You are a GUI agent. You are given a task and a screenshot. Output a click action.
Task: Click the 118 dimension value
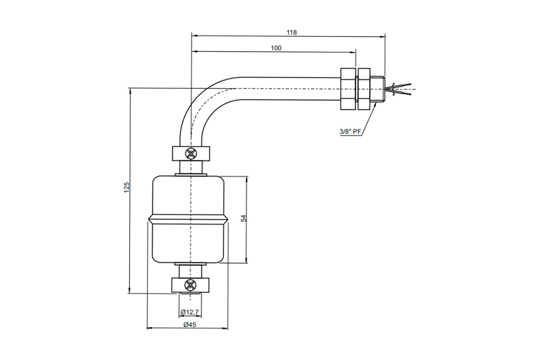click(x=292, y=32)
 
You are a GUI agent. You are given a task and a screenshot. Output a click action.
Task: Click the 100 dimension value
click(x=276, y=48)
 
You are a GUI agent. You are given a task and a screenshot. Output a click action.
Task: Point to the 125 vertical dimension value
click(x=127, y=187)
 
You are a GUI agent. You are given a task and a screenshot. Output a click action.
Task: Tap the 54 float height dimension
click(x=244, y=218)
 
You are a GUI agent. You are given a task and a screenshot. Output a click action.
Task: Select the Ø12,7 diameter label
click(x=190, y=312)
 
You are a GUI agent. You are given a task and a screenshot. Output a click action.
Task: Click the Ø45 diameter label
click(x=190, y=325)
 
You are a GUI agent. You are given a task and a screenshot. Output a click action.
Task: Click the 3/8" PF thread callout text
click(x=350, y=132)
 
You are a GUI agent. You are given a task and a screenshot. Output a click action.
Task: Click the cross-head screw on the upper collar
click(x=191, y=153)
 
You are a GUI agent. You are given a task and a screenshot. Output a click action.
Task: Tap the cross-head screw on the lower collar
click(x=190, y=285)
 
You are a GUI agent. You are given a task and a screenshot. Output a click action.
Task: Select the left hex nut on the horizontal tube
click(x=348, y=89)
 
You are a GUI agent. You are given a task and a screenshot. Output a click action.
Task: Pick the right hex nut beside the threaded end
click(x=364, y=89)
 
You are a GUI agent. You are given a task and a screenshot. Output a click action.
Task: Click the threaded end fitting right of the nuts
click(x=378, y=89)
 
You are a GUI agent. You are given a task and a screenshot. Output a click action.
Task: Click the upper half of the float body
click(x=189, y=195)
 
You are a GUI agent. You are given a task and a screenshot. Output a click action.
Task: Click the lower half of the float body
click(x=189, y=243)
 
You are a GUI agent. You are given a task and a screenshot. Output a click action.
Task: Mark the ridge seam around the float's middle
click(x=188, y=220)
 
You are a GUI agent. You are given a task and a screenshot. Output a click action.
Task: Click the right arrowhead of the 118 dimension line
click(x=382, y=36)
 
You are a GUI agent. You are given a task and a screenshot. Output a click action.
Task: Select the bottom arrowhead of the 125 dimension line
click(x=130, y=290)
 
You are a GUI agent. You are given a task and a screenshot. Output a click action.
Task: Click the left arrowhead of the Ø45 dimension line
click(x=150, y=328)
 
